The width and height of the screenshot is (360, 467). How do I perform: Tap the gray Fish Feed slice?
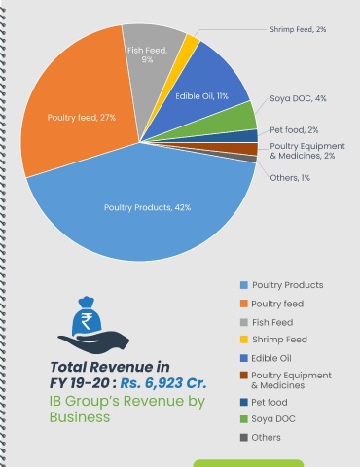coord(149,65)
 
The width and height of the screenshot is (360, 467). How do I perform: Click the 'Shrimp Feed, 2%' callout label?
coord(298,29)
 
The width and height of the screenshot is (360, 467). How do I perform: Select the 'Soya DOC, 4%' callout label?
coord(298,98)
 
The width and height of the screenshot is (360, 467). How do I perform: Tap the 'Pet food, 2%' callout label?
coord(294,130)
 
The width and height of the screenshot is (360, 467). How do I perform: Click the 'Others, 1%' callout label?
coord(290,178)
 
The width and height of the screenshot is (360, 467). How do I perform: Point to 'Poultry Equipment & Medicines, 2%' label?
coord(307,151)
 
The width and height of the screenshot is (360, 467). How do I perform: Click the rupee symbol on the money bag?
coord(87,321)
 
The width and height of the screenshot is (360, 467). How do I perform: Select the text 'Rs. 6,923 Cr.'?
coord(163,383)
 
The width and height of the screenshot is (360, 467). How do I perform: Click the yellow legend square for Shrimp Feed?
coord(244,340)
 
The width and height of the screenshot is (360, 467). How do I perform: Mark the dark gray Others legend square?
coord(244,438)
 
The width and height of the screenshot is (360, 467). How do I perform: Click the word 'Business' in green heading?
coord(80,417)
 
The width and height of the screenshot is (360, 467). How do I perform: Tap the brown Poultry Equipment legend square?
coord(244,376)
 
